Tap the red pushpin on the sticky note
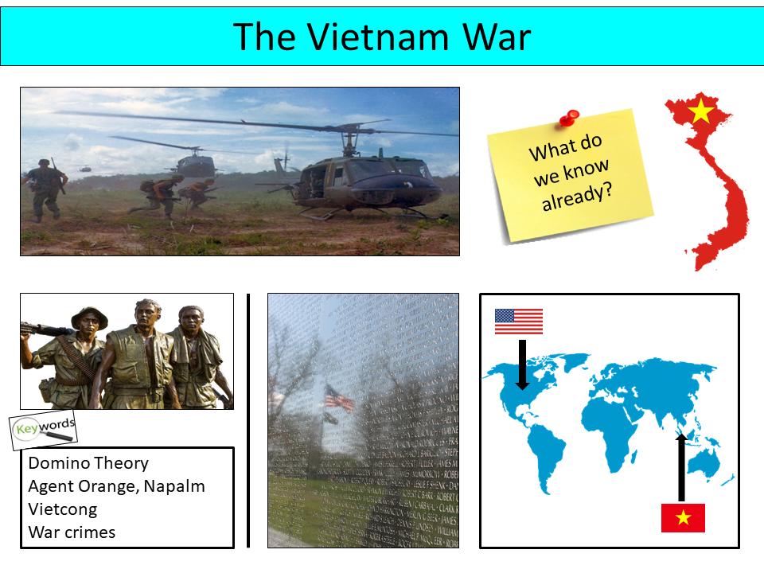(568, 119)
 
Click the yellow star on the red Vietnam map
(700, 112)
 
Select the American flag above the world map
(518, 321)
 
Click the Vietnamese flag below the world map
(682, 518)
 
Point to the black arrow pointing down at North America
(522, 364)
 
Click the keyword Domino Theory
(88, 463)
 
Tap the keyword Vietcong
(62, 509)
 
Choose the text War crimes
(72, 532)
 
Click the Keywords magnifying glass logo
(44, 429)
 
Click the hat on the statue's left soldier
(89, 318)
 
